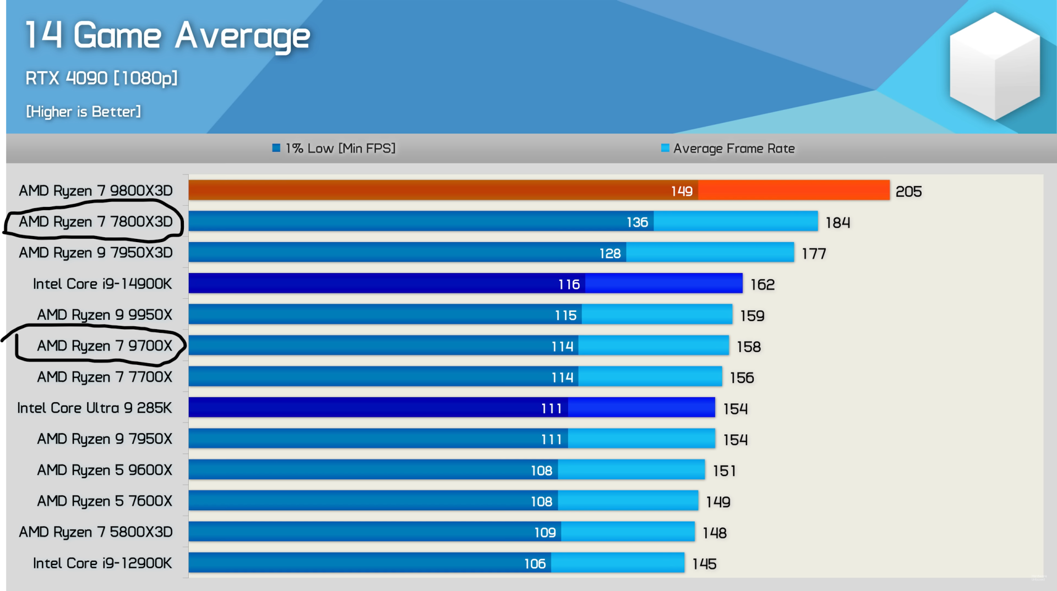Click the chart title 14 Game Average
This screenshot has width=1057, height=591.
click(x=168, y=36)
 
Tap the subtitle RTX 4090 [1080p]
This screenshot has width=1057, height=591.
click(x=101, y=78)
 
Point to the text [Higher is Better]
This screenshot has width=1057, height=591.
click(x=84, y=112)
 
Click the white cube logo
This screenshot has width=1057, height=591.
click(x=994, y=66)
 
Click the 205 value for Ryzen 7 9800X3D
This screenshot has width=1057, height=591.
click(x=908, y=191)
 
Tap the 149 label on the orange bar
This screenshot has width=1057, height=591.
click(x=682, y=191)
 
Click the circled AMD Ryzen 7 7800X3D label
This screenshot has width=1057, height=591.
click(x=96, y=222)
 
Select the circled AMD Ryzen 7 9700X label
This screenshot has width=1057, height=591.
click(x=105, y=346)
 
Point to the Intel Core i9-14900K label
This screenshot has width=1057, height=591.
click(x=102, y=284)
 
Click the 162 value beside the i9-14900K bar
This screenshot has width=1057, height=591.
click(x=762, y=284)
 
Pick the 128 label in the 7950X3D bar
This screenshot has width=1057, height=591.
click(x=610, y=253)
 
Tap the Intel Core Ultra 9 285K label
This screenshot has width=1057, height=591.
click(x=95, y=408)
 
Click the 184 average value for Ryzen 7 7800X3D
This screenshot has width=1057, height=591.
click(x=838, y=222)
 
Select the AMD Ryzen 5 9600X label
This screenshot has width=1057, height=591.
click(x=105, y=470)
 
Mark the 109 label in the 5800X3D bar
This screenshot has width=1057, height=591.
click(x=545, y=533)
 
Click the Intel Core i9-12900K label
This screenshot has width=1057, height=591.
click(x=102, y=563)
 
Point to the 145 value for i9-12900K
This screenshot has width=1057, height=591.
click(x=704, y=564)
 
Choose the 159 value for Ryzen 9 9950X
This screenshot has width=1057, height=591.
click(x=752, y=316)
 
